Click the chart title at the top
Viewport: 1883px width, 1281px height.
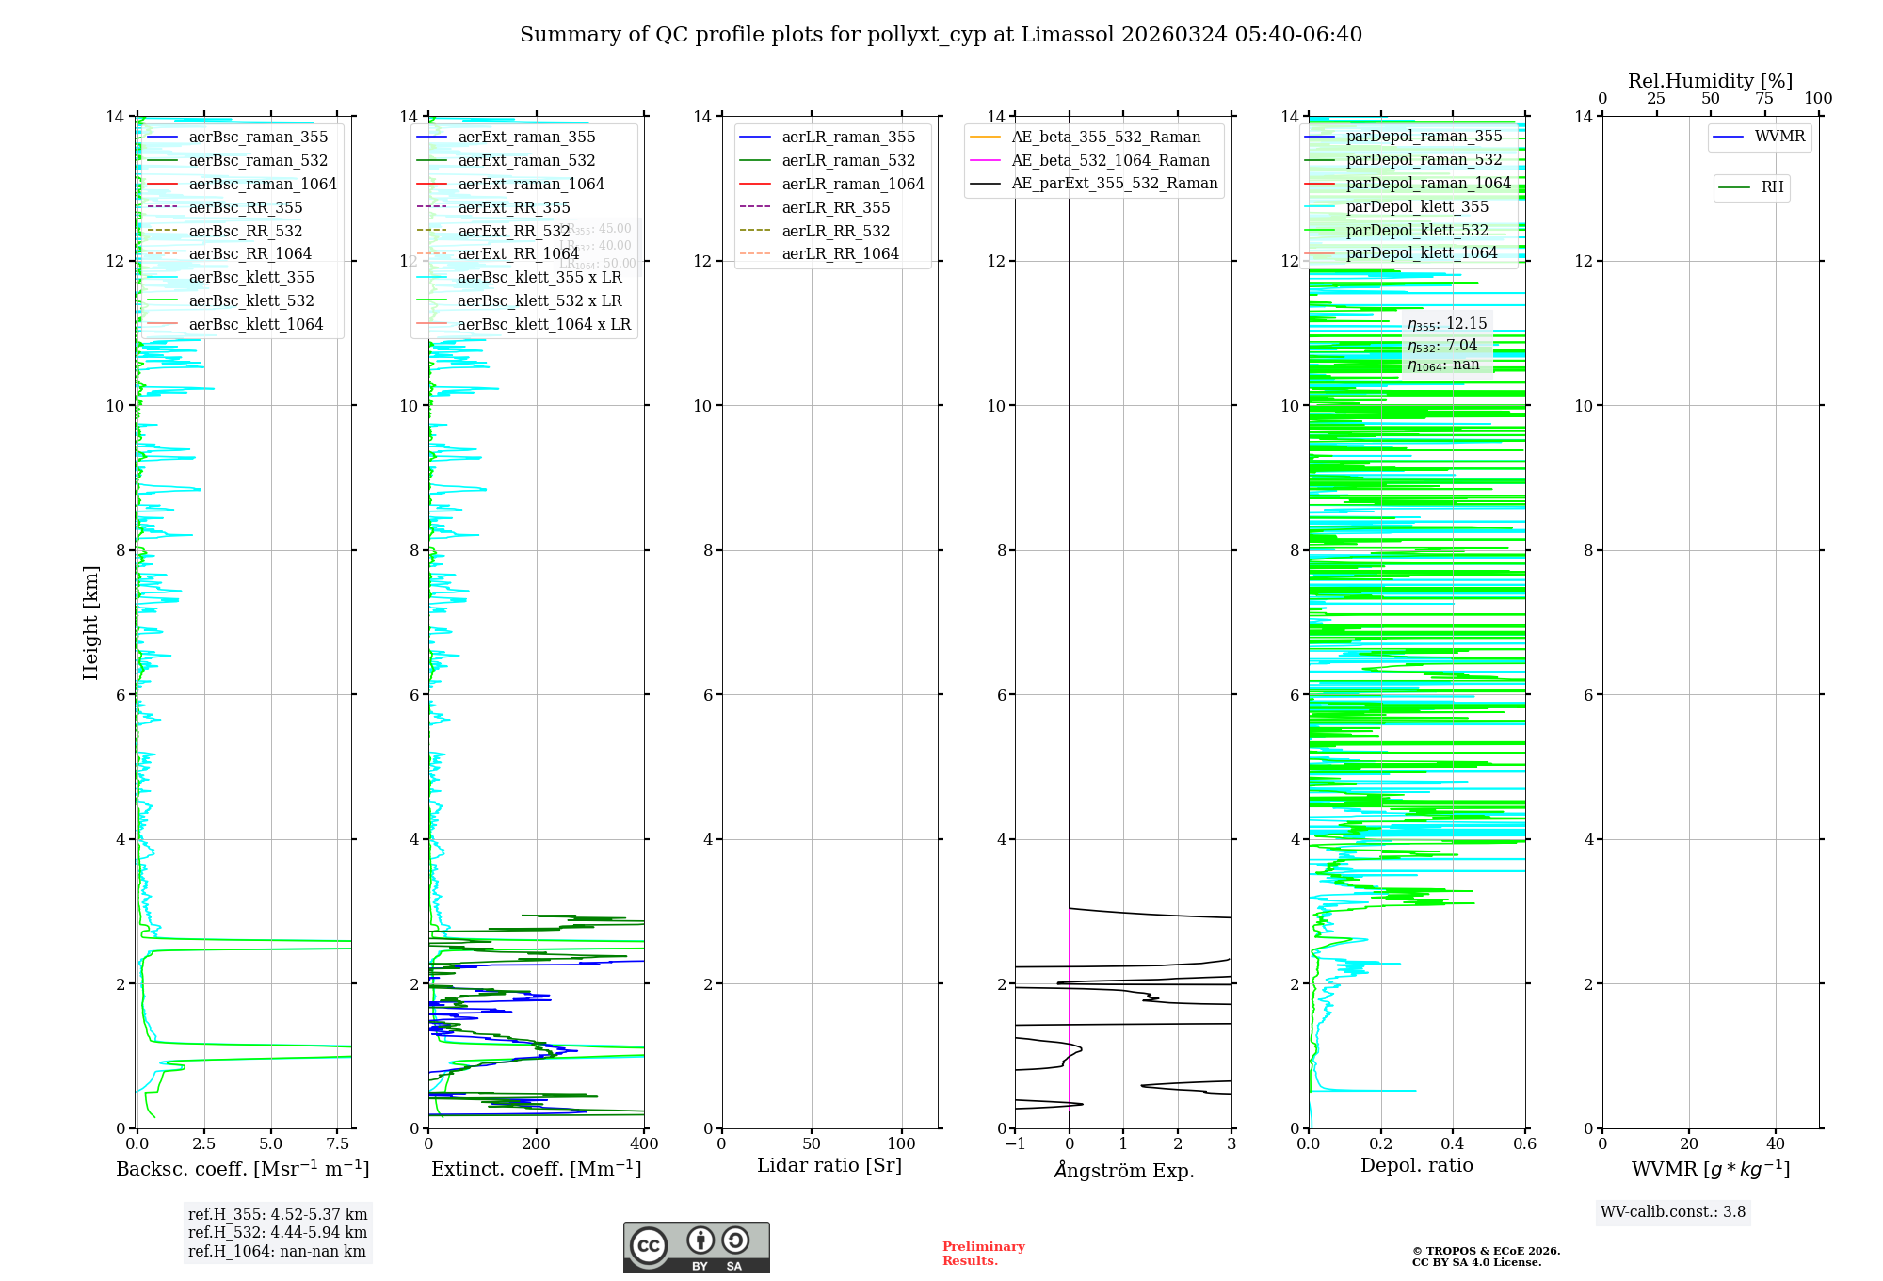click(941, 35)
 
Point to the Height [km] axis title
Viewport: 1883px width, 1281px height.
click(90, 623)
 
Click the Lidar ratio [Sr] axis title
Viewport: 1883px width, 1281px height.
click(829, 1166)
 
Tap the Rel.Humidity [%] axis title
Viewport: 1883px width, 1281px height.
click(1710, 81)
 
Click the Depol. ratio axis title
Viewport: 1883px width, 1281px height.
click(1416, 1166)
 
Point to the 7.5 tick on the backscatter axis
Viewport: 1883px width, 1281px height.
click(338, 1144)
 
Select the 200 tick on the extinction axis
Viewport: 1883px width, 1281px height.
click(536, 1144)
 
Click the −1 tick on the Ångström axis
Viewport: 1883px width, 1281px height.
click(1015, 1144)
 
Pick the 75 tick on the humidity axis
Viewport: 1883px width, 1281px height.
click(1764, 99)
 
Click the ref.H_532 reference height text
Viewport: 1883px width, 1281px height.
click(278, 1233)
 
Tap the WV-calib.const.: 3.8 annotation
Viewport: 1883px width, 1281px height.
click(1673, 1212)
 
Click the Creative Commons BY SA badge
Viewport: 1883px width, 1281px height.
click(696, 1248)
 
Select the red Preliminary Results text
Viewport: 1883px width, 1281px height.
click(983, 1254)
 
